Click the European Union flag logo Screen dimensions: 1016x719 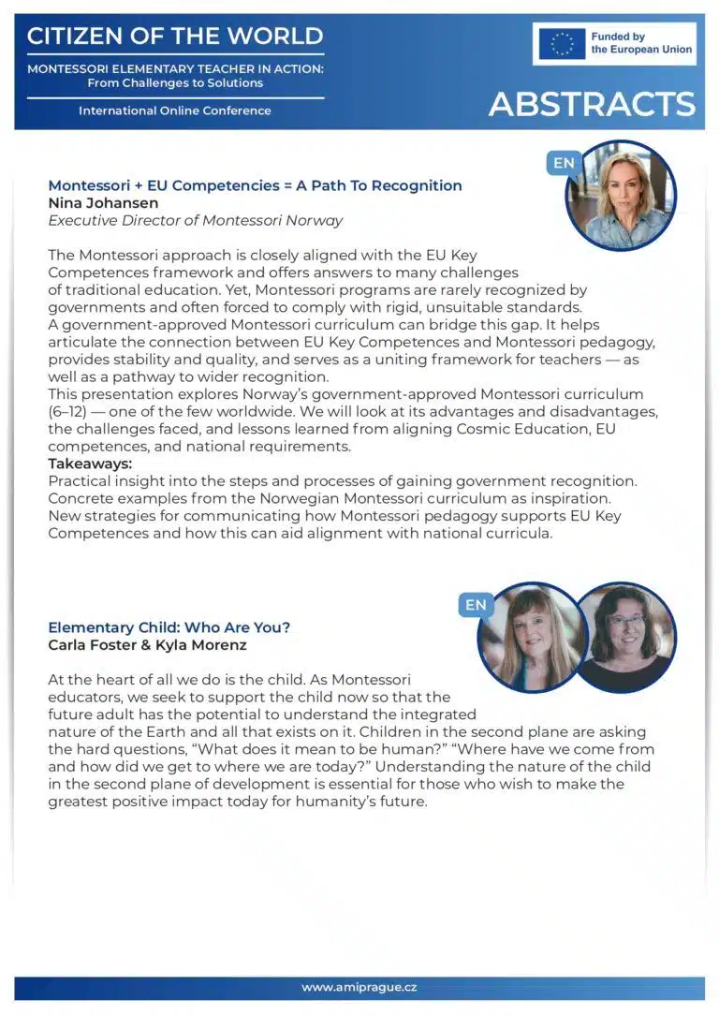click(x=563, y=44)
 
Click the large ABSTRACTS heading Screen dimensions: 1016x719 click(x=592, y=104)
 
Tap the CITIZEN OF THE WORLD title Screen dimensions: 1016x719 click(x=175, y=37)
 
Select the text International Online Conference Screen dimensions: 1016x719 click(x=175, y=110)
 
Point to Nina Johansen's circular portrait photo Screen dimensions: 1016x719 click(x=621, y=196)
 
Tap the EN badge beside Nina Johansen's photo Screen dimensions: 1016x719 click(x=564, y=163)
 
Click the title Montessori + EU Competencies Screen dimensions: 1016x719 click(x=255, y=185)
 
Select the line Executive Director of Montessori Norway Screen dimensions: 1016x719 click(x=195, y=221)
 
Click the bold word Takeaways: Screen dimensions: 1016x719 click(x=90, y=464)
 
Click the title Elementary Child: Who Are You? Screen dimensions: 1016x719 click(x=169, y=627)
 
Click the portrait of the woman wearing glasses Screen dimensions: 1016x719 click(x=624, y=637)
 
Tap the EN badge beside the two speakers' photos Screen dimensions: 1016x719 click(x=476, y=605)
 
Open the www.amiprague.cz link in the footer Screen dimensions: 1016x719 click(x=359, y=988)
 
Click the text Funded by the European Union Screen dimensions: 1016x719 click(x=641, y=43)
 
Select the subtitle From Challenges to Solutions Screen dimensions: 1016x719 click(x=175, y=83)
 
